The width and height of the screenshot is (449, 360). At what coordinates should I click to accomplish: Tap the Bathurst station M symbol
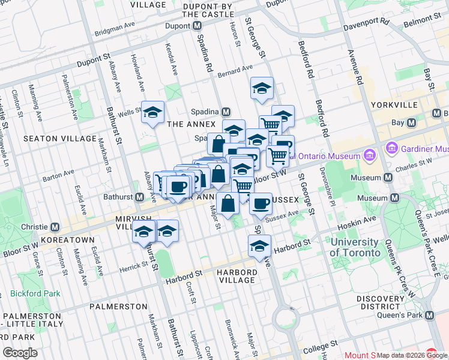pyautogui.click(x=139, y=197)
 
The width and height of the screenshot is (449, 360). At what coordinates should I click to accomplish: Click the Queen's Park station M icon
pyautogui.click(x=429, y=315)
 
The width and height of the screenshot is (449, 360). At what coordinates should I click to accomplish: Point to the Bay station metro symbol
pyautogui.click(x=411, y=122)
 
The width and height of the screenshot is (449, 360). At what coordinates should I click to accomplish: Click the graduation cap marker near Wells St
pyautogui.click(x=153, y=112)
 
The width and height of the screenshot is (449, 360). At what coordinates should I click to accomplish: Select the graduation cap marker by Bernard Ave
pyautogui.click(x=262, y=88)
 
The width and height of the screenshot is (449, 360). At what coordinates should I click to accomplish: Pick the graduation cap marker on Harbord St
pyautogui.click(x=259, y=246)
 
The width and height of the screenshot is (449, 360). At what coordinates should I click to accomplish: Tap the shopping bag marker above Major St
pyautogui.click(x=228, y=204)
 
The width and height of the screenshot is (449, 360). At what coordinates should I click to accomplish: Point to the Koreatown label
pyautogui.click(x=71, y=239)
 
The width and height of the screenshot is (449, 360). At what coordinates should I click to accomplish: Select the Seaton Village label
pyautogui.click(x=59, y=138)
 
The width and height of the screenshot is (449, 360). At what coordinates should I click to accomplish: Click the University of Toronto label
pyautogui.click(x=355, y=247)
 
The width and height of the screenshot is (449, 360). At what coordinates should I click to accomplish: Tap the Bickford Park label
pyautogui.click(x=35, y=294)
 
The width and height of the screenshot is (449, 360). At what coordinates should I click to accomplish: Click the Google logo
pyautogui.click(x=20, y=353)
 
